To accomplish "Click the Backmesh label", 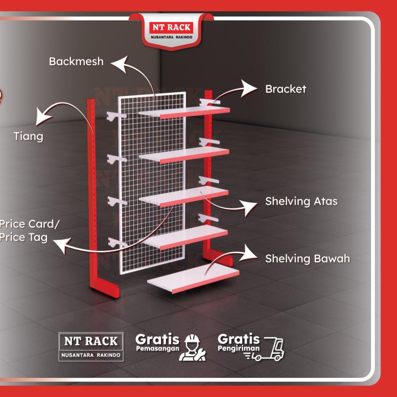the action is click(76, 61).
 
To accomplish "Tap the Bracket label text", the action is click(286, 89).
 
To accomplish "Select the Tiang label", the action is click(28, 137).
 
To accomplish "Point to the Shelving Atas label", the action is click(301, 201).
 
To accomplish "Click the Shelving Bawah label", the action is click(308, 259).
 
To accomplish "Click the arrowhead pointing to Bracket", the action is click(248, 88).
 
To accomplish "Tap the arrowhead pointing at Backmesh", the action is click(119, 64).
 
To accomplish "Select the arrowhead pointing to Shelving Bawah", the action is click(248, 254).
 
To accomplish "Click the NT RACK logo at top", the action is click(171, 31).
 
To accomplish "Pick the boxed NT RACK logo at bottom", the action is click(91, 347).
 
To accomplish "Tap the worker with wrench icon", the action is click(192, 348).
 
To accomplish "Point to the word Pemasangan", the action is click(158, 349).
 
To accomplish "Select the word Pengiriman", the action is click(238, 349).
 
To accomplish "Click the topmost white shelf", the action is click(184, 112).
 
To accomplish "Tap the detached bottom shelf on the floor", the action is click(193, 279).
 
